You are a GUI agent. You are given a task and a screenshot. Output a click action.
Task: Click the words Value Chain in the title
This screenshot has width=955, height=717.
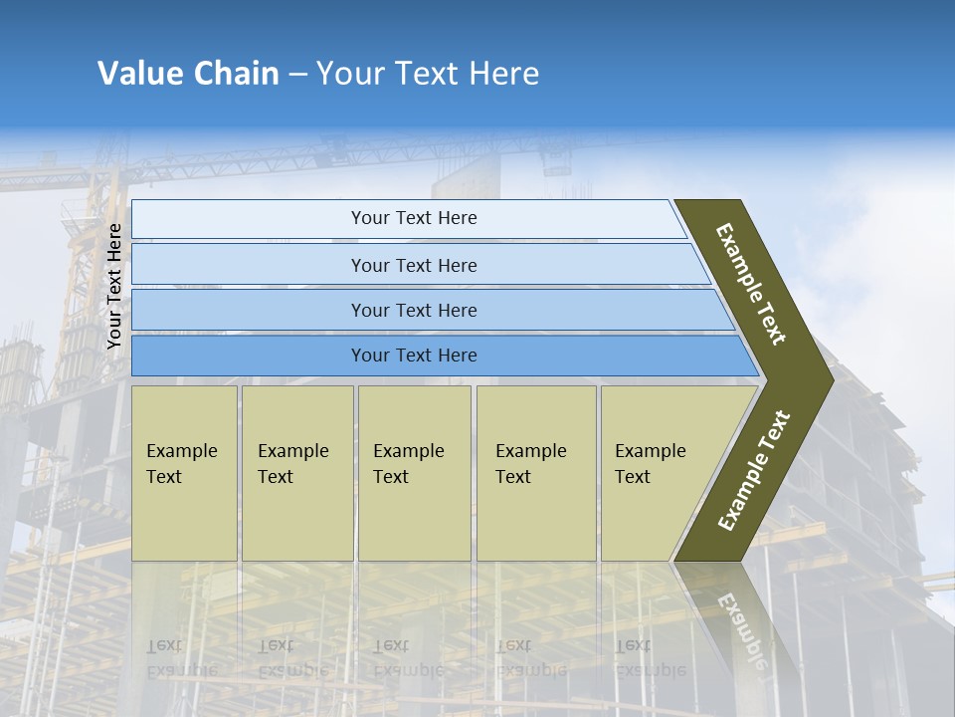click(x=188, y=74)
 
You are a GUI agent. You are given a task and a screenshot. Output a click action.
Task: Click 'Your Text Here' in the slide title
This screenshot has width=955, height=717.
click(x=428, y=74)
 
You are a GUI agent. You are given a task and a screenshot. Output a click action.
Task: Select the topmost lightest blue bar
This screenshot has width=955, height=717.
click(x=414, y=218)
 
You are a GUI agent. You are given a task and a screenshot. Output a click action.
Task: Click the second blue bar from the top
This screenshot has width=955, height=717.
click(x=414, y=265)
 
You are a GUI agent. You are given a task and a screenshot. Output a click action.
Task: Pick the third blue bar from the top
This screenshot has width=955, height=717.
click(x=414, y=310)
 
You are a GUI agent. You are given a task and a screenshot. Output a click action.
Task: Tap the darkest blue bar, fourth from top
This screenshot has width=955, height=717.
click(x=414, y=356)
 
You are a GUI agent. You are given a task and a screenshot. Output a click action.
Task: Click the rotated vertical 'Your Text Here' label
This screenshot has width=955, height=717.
click(x=114, y=286)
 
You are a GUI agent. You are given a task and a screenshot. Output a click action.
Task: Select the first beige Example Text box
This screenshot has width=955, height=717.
click(x=184, y=473)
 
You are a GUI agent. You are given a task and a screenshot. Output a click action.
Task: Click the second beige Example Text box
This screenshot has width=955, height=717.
click(x=296, y=473)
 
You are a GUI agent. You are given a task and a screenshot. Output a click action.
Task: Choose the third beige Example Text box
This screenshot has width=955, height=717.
click(x=414, y=473)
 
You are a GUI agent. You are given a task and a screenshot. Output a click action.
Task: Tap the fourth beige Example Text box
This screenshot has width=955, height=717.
click(x=535, y=473)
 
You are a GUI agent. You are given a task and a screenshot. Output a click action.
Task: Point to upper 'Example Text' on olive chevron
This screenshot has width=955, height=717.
click(x=751, y=284)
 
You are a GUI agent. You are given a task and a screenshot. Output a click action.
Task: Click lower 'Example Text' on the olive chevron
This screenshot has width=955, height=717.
click(x=754, y=470)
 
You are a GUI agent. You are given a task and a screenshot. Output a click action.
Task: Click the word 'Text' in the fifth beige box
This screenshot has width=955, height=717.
click(x=633, y=477)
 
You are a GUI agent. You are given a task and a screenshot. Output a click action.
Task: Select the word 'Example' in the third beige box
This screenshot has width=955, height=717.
click(x=408, y=451)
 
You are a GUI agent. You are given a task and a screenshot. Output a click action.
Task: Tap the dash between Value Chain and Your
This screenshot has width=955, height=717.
click(x=297, y=75)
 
